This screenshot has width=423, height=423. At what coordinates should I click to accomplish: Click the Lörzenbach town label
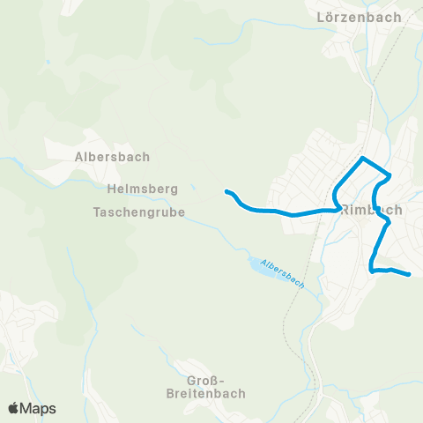pyautogui.click(x=360, y=17)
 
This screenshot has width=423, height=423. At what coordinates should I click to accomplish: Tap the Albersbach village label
pyautogui.click(x=112, y=157)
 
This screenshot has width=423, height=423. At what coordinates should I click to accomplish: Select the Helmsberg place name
pyautogui.click(x=142, y=189)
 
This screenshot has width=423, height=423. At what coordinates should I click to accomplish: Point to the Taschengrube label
pyautogui.click(x=139, y=212)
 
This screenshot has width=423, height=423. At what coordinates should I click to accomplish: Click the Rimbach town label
pyautogui.click(x=371, y=210)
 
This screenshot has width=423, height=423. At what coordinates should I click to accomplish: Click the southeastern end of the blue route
pyautogui.click(x=410, y=275)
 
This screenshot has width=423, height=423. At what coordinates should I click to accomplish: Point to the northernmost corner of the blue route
pyautogui.click(x=362, y=159)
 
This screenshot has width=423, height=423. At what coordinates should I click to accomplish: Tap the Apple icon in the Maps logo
pyautogui.click(x=13, y=408)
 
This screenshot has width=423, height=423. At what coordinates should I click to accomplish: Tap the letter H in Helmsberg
pyautogui.click(x=110, y=189)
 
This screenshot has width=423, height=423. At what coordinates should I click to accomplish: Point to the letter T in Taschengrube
pyautogui.click(x=96, y=212)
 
